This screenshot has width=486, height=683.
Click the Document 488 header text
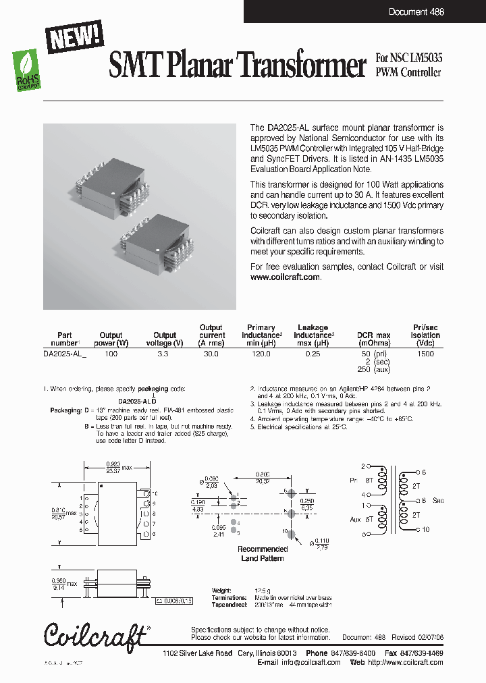[x=416, y=12]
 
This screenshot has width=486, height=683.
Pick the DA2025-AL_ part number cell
[x=65, y=354]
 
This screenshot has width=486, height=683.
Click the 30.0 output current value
[x=211, y=354]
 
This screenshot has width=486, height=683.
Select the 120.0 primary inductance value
[x=261, y=354]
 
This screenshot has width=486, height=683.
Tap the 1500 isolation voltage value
[x=425, y=354]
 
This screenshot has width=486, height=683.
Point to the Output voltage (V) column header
[x=165, y=339]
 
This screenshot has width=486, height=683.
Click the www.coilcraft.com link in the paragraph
[x=285, y=277]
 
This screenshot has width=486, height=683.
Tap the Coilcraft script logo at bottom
[x=94, y=635]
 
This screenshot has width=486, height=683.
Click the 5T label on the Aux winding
[x=369, y=520]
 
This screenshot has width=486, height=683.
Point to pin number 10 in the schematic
[x=426, y=530]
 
